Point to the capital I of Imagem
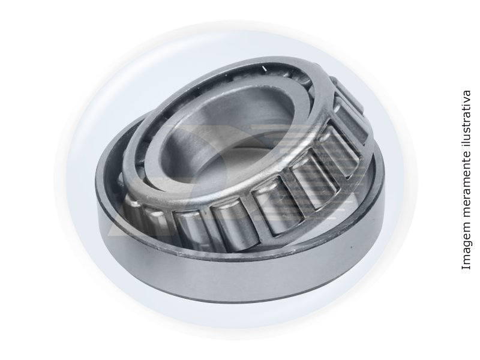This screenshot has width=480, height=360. tap(466, 268)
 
